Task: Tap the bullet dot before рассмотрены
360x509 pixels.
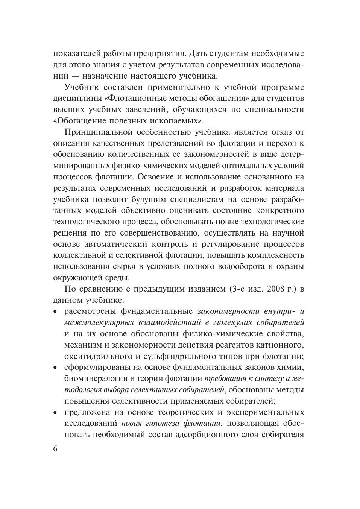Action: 56,311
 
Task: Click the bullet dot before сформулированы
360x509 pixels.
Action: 56,367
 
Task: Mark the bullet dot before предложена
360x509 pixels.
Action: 56,412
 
